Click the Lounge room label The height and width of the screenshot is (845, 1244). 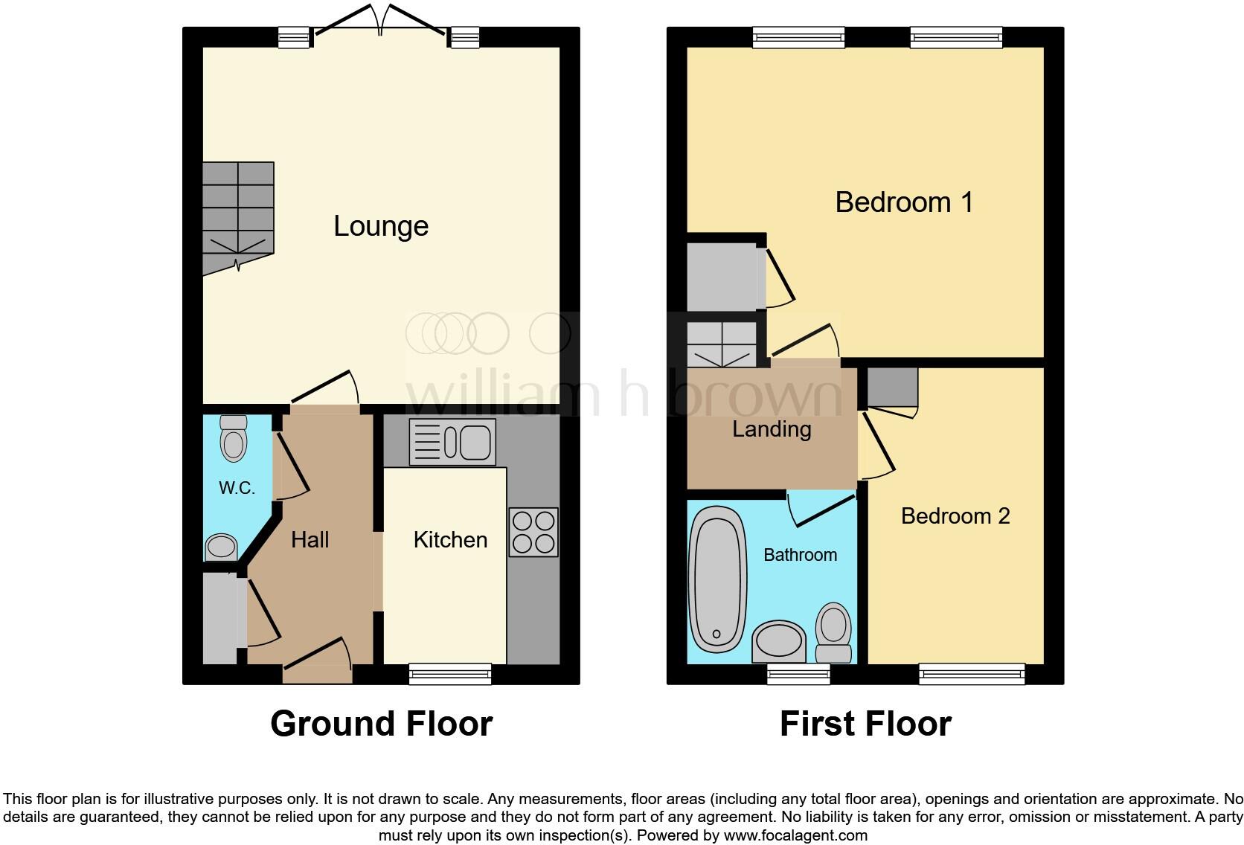[x=380, y=226]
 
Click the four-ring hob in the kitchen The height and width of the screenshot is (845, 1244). [x=533, y=532]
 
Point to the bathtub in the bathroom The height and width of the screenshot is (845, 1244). [x=718, y=579]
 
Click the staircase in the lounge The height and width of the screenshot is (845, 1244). [x=237, y=216]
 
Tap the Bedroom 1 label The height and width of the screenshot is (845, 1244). [x=903, y=202]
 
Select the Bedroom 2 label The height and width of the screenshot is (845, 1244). [x=955, y=515]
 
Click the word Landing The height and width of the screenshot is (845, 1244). [x=771, y=429]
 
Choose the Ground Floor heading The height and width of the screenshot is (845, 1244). [x=381, y=723]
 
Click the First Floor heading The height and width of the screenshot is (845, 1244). [x=865, y=723]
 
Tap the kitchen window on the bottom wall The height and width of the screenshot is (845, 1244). [x=450, y=673]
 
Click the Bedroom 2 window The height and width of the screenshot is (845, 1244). [x=971, y=673]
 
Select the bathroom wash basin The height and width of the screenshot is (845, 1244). [x=778, y=641]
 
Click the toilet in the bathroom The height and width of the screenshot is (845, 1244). [x=833, y=632]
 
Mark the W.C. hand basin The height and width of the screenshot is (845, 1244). [x=220, y=547]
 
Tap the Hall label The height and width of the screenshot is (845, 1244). [x=310, y=539]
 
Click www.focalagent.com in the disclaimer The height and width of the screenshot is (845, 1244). [x=795, y=835]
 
